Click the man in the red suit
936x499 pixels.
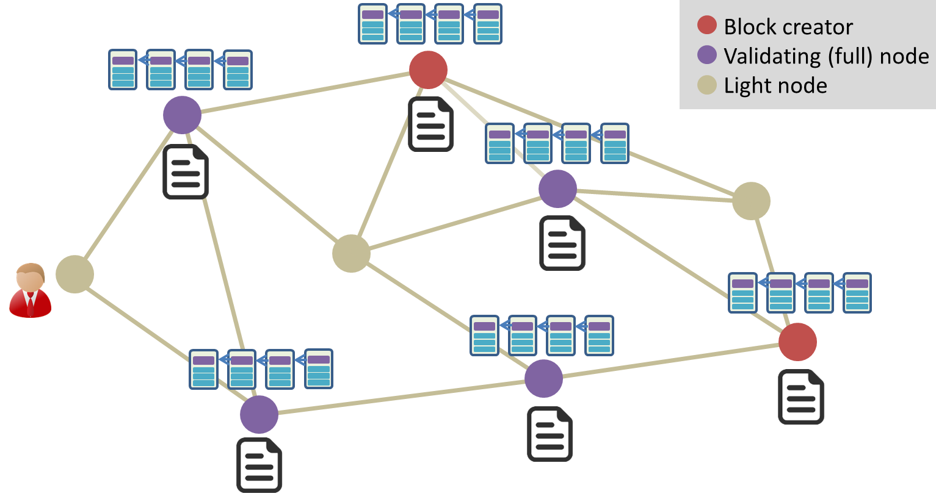[30, 290]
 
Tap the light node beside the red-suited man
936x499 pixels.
[74, 275]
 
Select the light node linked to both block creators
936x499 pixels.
[751, 201]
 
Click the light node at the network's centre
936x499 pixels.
[351, 253]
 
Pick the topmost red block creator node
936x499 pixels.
[429, 70]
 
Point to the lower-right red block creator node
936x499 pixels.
[797, 342]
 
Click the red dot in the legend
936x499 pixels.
[706, 26]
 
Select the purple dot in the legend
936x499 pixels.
[706, 55]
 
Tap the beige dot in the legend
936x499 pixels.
[706, 85]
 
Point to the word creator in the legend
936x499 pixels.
[818, 27]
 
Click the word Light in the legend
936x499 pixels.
[744, 85]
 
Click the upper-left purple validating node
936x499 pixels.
[182, 115]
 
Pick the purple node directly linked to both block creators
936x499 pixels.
[557, 189]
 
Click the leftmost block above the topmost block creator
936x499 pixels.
[372, 24]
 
